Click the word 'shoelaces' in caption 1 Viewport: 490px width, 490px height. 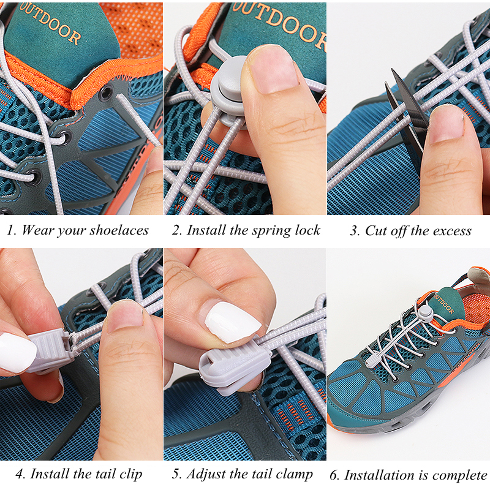click(x=119, y=230)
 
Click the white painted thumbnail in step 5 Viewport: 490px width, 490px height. click(x=231, y=322)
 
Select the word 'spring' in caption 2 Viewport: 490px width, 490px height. click(x=272, y=230)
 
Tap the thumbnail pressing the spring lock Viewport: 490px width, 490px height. click(x=273, y=67)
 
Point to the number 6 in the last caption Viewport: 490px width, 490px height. click(x=334, y=475)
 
